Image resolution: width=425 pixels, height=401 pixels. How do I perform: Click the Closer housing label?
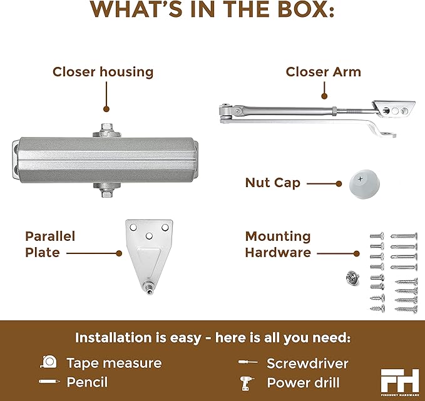click(103, 73)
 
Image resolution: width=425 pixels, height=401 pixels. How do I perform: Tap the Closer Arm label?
click(324, 72)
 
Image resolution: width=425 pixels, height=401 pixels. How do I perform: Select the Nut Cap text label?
click(273, 183)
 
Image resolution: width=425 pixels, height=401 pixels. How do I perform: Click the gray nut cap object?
click(364, 184)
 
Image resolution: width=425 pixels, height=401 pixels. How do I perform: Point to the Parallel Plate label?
click(50, 245)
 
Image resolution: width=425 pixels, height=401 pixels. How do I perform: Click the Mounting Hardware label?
click(278, 245)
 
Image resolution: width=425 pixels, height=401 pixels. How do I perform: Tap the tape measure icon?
click(49, 362)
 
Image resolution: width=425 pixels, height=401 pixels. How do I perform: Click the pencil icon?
click(49, 382)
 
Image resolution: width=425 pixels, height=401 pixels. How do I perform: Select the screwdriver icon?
click(248, 362)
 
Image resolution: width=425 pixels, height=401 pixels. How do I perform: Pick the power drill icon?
click(247, 383)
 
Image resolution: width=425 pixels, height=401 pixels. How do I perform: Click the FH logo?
click(400, 380)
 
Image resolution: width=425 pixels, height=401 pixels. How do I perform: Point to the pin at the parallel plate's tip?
click(149, 288)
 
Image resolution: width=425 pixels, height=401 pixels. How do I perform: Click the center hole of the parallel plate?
click(149, 236)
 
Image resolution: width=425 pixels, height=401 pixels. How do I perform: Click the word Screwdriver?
click(307, 363)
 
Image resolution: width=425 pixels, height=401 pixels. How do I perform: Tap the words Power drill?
click(304, 383)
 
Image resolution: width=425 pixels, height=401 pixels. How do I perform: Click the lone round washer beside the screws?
click(352, 278)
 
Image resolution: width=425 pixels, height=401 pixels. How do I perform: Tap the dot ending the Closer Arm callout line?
click(324, 96)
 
